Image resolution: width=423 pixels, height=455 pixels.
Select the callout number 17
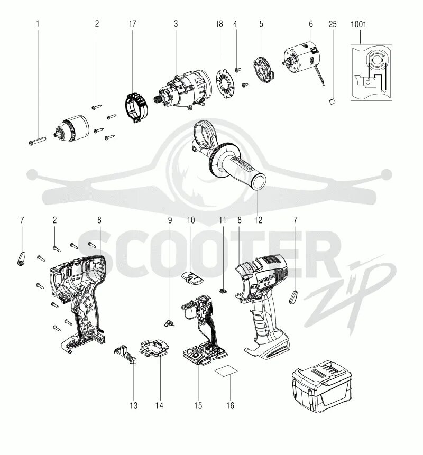(133, 24)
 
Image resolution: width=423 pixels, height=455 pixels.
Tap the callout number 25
(332, 24)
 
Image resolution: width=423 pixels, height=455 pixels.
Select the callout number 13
(133, 405)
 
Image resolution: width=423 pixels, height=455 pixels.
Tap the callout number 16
(230, 405)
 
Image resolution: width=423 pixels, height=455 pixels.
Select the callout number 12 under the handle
(258, 219)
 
